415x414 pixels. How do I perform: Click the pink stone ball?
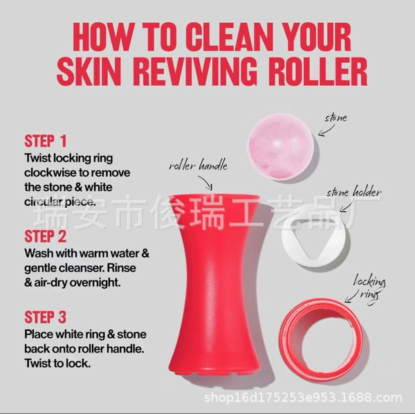click(281, 147)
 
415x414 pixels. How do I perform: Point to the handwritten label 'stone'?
click(336, 118)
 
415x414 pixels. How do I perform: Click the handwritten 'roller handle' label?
click(199, 165)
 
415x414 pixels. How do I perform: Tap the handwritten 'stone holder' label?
click(354, 192)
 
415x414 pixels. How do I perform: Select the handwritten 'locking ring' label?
click(369, 289)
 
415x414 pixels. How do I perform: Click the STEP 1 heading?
click(45, 141)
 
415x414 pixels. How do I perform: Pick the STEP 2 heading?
click(45, 236)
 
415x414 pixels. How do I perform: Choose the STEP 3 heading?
click(45, 317)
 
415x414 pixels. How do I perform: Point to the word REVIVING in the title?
click(195, 71)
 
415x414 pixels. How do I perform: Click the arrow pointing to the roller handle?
click(206, 182)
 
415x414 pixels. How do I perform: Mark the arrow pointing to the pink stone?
click(326, 131)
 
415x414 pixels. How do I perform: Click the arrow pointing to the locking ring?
click(352, 296)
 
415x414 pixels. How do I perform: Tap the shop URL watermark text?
click(303, 397)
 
